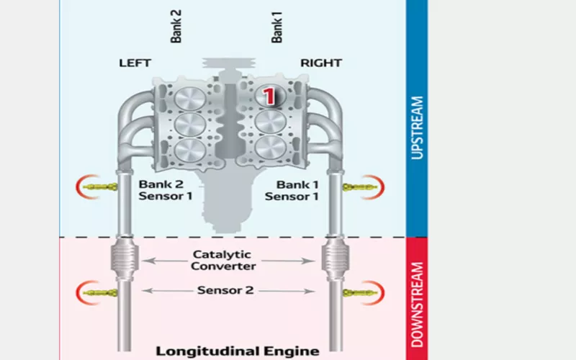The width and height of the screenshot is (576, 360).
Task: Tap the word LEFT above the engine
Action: [135, 63]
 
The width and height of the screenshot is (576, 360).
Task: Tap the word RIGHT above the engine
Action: [320, 63]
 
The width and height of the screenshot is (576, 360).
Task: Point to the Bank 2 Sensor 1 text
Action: [166, 189]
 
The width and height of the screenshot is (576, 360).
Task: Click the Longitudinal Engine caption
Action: [238, 351]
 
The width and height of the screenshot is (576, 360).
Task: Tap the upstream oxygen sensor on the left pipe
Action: [98, 187]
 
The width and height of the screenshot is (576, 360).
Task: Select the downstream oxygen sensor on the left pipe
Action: [98, 292]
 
